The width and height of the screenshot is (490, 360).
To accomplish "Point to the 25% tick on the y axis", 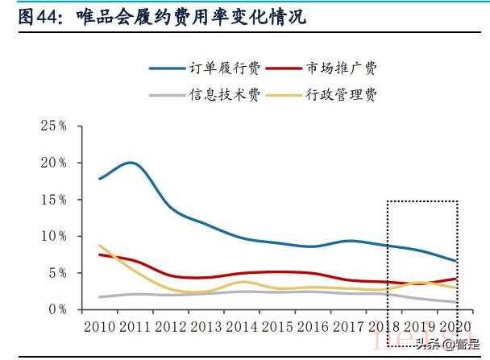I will pyautogui.click(x=53, y=126).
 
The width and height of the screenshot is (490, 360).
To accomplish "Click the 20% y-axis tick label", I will pyautogui.click(x=53, y=163).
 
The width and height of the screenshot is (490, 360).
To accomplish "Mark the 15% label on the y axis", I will pyautogui.click(x=53, y=199).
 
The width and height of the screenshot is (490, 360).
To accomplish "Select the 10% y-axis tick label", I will pyautogui.click(x=53, y=236).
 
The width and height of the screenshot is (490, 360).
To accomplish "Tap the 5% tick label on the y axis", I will pyautogui.click(x=56, y=272).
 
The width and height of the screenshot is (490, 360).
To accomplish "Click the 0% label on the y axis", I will pyautogui.click(x=56, y=309).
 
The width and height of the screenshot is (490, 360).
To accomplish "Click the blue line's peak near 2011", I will pyautogui.click(x=131, y=163).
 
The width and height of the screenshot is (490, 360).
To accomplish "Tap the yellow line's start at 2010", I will pyautogui.click(x=99, y=246).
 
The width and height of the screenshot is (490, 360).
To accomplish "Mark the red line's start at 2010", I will pyautogui.click(x=99, y=254).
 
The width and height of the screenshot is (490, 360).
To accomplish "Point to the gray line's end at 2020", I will pyautogui.click(x=456, y=302).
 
